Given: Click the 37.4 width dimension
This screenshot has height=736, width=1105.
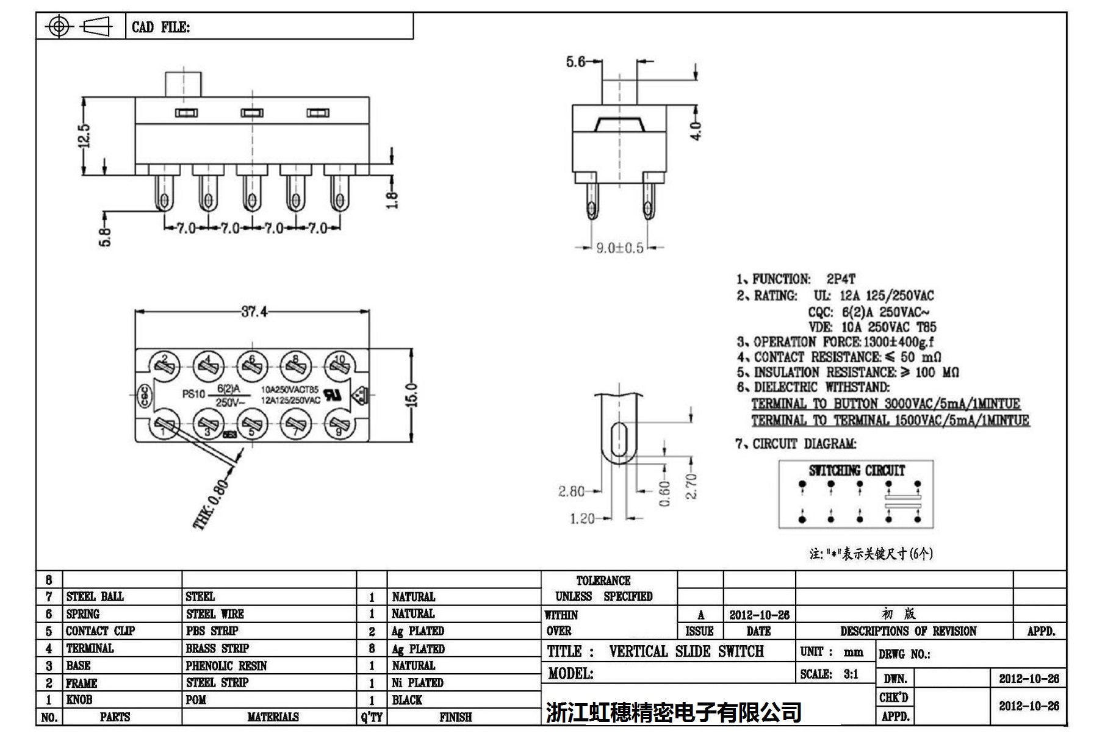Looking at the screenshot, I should pyautogui.click(x=254, y=312).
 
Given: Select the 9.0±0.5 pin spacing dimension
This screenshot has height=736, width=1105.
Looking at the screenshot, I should pyautogui.click(x=619, y=248).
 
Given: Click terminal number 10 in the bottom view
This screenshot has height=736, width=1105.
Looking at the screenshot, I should pyautogui.click(x=339, y=365).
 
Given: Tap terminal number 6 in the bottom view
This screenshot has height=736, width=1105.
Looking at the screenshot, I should pyautogui.click(x=251, y=365).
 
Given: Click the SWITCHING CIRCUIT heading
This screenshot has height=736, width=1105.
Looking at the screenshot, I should pyautogui.click(x=857, y=470).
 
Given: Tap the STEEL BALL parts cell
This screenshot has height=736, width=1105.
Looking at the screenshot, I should pyautogui.click(x=95, y=596).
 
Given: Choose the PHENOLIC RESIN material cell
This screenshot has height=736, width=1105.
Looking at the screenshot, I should pyautogui.click(x=226, y=665).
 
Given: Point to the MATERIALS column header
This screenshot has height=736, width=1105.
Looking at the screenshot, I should pyautogui.click(x=273, y=717).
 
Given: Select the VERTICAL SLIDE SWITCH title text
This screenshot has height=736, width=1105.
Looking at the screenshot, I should pyautogui.click(x=686, y=651).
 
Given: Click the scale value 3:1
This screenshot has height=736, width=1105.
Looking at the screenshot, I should pyautogui.click(x=850, y=674).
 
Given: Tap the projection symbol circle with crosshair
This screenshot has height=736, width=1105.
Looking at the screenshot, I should pyautogui.click(x=59, y=26).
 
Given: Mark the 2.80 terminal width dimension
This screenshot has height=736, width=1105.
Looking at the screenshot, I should pyautogui.click(x=571, y=491).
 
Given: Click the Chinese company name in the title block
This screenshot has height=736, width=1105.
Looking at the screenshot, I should pyautogui.click(x=674, y=712).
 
